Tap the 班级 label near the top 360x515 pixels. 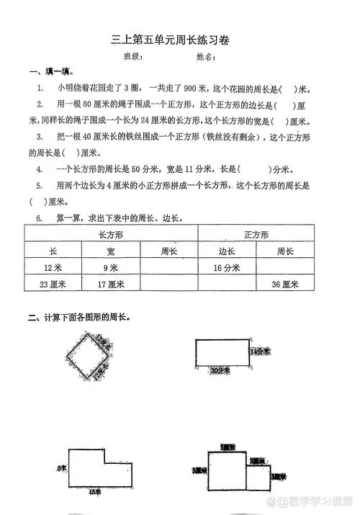(133, 56)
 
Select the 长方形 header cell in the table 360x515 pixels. (111, 235)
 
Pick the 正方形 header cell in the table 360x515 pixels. (256, 235)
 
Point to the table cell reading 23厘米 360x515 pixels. (53, 285)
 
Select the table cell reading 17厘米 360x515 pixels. (111, 285)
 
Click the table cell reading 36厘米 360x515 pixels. (285, 285)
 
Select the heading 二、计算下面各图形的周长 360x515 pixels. (79, 318)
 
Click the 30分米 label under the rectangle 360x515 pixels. (220, 370)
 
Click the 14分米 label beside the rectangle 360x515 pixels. (260, 352)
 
